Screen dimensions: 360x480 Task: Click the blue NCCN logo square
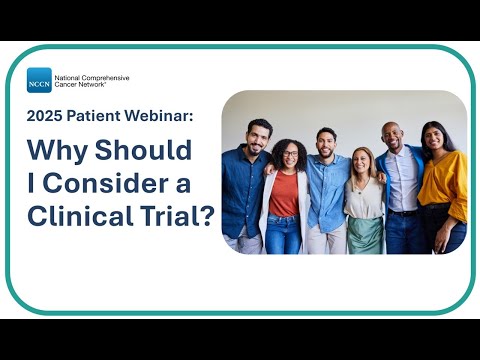click(x=39, y=80)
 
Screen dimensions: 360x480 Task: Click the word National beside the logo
click(x=70, y=76)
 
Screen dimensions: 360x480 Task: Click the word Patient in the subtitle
click(x=100, y=116)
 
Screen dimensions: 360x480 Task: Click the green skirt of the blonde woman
click(x=364, y=236)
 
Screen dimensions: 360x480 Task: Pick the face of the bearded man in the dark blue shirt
click(x=259, y=137)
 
